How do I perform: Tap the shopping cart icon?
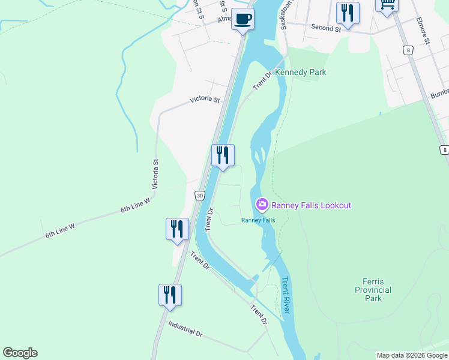click(387, 5)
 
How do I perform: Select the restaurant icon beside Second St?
click(348, 12)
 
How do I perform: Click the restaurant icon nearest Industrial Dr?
click(170, 294)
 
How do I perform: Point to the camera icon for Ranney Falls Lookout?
click(262, 205)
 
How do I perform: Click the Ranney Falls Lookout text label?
click(311, 205)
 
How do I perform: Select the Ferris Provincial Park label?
click(377, 290)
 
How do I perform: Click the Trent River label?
click(286, 295)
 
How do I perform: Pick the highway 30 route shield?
click(200, 195)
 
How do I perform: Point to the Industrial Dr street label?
click(185, 328)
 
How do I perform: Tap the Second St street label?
click(326, 28)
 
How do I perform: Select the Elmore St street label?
click(423, 31)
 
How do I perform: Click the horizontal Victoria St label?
click(205, 100)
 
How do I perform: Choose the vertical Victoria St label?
click(155, 174)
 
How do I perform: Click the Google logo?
click(20, 353)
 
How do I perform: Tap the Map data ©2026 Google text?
click(412, 355)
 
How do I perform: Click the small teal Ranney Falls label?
click(258, 220)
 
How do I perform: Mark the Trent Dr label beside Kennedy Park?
click(262, 80)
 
